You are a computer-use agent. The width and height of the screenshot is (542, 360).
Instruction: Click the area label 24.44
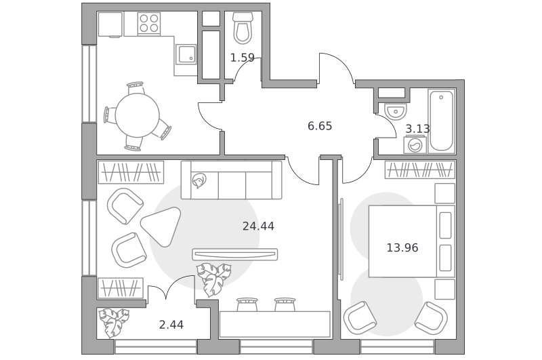[x=258, y=226]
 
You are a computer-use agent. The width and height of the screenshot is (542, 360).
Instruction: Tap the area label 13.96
[x=402, y=248]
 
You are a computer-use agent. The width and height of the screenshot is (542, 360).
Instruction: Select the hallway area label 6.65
[x=320, y=126]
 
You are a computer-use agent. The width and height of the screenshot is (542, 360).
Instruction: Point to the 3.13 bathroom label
[x=417, y=129]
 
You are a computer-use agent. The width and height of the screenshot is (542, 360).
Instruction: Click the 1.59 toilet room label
[x=243, y=58]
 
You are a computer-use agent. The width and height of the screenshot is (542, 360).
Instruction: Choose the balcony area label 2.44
[x=171, y=325]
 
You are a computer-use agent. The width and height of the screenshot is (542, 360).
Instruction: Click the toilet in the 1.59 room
[x=243, y=28]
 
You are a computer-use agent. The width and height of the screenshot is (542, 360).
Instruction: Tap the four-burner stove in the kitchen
[x=149, y=24]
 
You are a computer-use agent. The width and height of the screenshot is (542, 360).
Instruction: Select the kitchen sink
[x=186, y=54]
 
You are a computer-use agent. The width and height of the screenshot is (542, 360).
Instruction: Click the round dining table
[x=138, y=115]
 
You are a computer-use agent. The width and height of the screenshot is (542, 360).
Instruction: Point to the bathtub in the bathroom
[x=442, y=121]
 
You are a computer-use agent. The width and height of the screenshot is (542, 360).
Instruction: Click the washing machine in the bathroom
[x=415, y=145]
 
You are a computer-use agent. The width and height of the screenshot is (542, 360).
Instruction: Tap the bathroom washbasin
[x=396, y=111]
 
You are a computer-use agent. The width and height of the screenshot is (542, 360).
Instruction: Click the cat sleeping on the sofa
[x=199, y=180]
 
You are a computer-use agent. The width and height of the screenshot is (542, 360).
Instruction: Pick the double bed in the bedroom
[x=411, y=241]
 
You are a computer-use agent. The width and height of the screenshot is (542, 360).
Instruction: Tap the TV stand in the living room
[x=234, y=254]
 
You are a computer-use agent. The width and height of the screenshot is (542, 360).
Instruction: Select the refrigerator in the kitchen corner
[x=110, y=24]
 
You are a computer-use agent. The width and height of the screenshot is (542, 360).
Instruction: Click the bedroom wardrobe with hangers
[x=420, y=169]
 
